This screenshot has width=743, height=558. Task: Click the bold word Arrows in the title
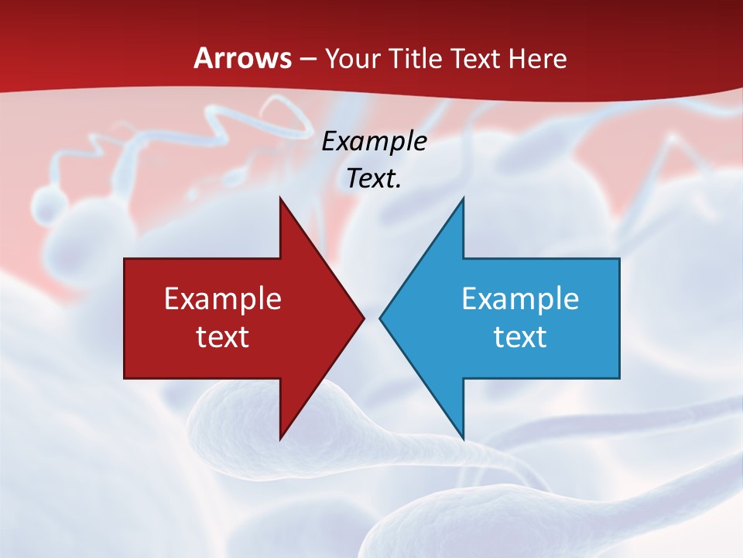[x=242, y=58]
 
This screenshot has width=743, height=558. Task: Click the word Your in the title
[x=352, y=58]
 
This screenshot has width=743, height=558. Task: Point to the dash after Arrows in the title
[x=306, y=59]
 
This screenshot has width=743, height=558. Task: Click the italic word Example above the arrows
[x=374, y=141]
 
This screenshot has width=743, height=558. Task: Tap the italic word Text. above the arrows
[x=374, y=178]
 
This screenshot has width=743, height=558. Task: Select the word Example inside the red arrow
[x=223, y=298]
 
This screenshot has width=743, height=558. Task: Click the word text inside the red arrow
[x=223, y=336]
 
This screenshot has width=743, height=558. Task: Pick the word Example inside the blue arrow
[x=520, y=298]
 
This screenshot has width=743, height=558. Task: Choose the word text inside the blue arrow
[x=520, y=336]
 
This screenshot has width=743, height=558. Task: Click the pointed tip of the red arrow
[x=364, y=318]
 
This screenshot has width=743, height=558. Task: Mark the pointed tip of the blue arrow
[x=380, y=318]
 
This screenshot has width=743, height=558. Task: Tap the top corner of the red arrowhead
[x=280, y=198]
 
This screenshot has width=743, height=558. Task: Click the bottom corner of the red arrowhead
[x=280, y=439]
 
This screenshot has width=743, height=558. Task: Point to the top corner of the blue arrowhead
[x=463, y=198]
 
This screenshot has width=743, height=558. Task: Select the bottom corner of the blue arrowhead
[x=463, y=439]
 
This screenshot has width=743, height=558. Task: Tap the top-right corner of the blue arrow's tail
[x=619, y=259]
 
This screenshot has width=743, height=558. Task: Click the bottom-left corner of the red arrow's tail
[x=125, y=378]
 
